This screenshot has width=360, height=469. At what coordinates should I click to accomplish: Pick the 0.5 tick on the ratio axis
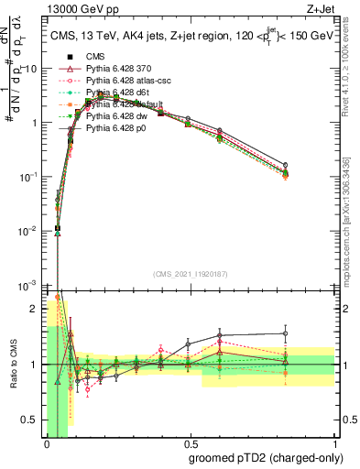(35, 420)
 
